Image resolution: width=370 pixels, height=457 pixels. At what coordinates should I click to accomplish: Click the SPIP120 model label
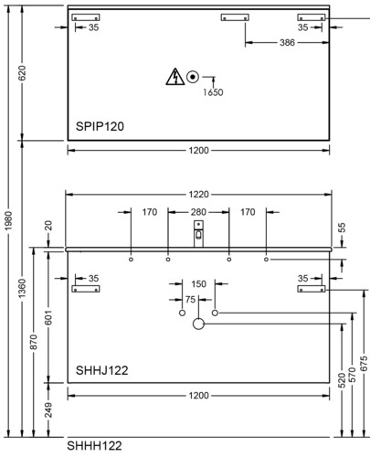[100, 126]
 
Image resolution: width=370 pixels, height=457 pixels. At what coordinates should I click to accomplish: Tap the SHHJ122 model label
[101, 370]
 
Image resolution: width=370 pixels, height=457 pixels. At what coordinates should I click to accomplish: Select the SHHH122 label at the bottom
[94, 446]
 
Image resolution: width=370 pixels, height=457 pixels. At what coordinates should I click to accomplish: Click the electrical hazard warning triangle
[175, 77]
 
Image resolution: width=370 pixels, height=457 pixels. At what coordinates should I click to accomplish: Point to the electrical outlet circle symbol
[193, 77]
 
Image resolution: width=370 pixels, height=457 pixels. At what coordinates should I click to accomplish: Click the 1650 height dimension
[213, 92]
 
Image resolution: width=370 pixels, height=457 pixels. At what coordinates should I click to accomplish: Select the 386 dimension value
[287, 42]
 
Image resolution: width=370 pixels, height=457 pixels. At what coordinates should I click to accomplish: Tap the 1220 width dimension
[198, 194]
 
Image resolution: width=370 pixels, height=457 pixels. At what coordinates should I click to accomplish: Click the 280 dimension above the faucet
[198, 212]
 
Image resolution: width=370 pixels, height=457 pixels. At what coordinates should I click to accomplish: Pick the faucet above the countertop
[198, 234]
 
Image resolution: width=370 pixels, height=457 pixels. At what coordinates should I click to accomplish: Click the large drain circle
[198, 324]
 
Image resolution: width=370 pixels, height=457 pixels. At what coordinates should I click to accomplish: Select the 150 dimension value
[198, 284]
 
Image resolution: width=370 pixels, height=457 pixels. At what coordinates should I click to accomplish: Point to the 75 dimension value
[190, 300]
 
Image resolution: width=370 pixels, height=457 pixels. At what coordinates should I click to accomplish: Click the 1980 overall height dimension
[8, 220]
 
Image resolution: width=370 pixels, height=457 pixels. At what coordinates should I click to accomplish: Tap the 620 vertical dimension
[22, 73]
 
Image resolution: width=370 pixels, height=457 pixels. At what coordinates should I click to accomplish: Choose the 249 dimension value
[48, 409]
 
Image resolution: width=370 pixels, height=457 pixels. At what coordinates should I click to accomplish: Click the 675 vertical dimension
[364, 364]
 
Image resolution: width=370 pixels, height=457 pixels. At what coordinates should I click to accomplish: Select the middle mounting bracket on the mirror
[235, 17]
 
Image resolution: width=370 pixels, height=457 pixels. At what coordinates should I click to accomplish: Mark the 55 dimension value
[342, 228]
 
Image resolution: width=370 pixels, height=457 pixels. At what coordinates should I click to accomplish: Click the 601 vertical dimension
[48, 317]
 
